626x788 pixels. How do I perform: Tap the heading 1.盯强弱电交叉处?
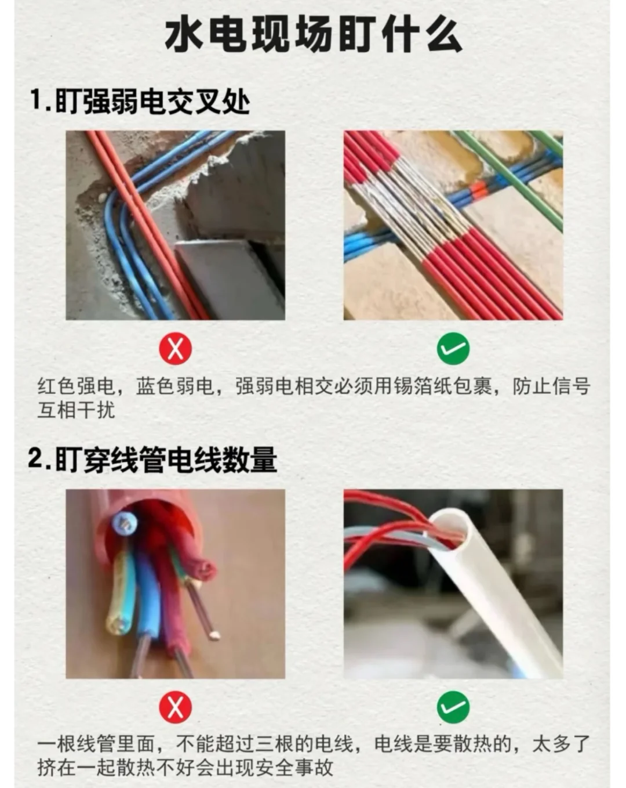140,102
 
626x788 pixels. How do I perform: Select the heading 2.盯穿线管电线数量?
152,460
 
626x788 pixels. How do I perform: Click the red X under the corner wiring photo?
175,349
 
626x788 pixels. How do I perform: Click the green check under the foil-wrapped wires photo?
453,349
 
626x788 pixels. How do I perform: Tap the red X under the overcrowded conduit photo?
175,707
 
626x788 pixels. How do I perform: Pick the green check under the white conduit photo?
453,707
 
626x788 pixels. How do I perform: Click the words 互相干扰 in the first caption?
77,410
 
